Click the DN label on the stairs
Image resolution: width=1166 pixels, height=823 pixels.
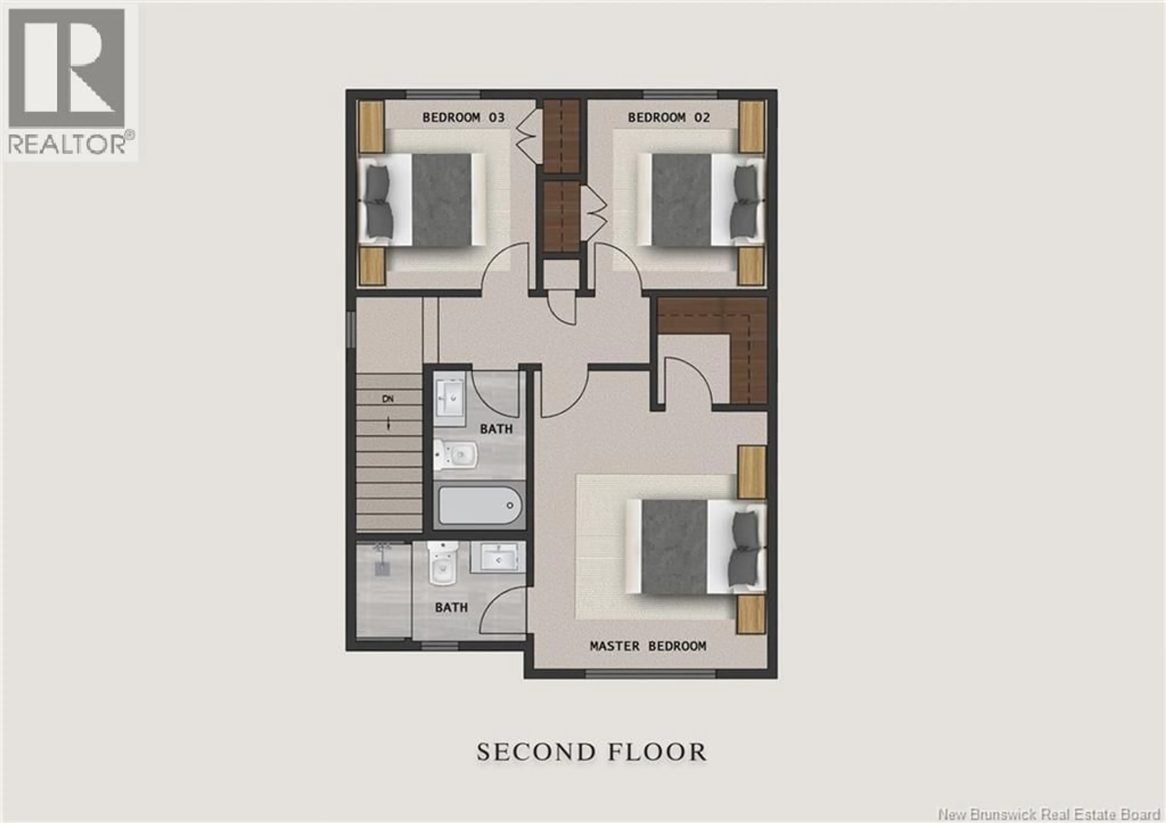(x=388, y=399)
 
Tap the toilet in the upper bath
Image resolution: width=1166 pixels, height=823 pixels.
(x=455, y=454)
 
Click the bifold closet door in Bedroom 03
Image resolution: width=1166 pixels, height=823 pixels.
(x=528, y=137)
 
